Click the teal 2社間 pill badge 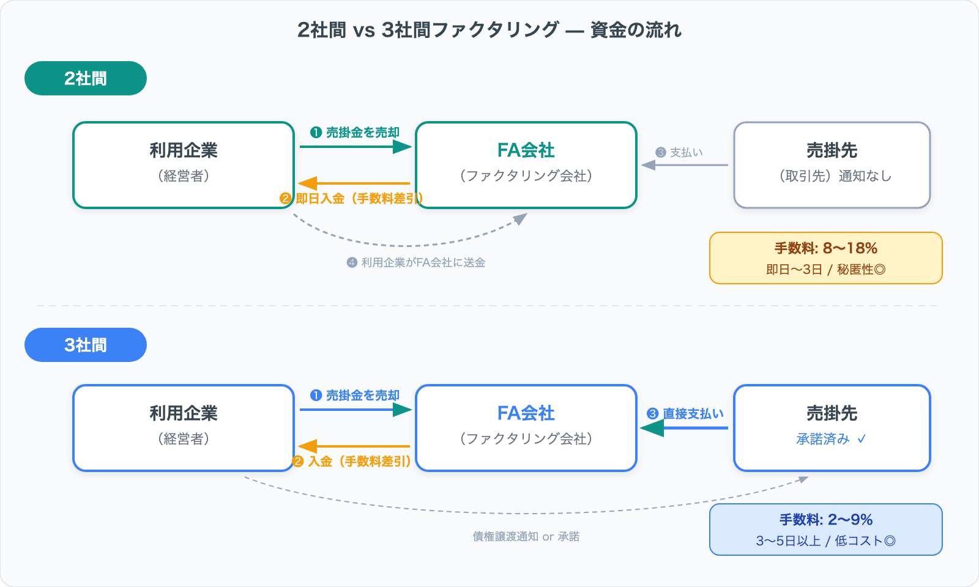pos(86,78)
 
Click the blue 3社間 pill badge pos(86,345)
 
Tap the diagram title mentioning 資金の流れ pos(489,29)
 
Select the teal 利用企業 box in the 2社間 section pos(184,165)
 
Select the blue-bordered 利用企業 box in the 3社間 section pos(184,428)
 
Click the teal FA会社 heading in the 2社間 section pos(526,150)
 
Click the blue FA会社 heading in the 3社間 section pos(526,413)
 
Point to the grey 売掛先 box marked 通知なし pos(832,165)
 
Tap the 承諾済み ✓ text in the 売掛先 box pos(831,439)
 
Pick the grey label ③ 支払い pos(679,152)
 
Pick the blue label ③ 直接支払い pos(686,414)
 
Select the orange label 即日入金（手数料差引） pos(352,199)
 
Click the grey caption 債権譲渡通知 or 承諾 pos(526,537)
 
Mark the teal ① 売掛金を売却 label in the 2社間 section pos(355,133)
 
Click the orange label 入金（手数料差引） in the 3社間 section pos(352,462)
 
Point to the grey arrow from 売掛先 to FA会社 pos(685,165)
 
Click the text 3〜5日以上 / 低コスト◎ pos(825,541)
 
